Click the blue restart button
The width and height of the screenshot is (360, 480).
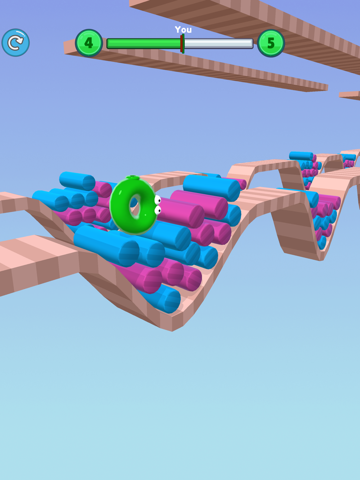[15, 43]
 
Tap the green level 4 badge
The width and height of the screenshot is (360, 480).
[89, 43]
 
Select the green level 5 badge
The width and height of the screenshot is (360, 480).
[271, 43]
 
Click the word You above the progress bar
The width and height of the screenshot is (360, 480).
[183, 30]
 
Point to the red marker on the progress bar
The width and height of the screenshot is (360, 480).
[181, 44]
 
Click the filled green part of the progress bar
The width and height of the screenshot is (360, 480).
[144, 43]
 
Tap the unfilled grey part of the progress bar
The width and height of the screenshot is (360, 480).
[218, 43]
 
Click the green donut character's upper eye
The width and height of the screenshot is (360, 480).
[158, 200]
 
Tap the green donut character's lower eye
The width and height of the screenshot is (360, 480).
[158, 210]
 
